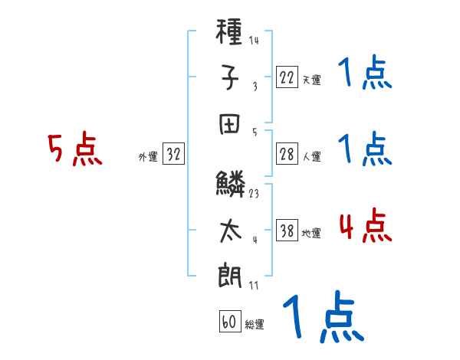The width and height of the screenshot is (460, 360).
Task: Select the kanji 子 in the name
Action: click(x=231, y=77)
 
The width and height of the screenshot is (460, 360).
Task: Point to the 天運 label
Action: click(x=311, y=80)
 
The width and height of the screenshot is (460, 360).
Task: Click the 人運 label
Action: click(x=311, y=157)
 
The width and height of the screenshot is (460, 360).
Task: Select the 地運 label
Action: click(x=311, y=234)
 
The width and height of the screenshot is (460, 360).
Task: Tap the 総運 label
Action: click(x=255, y=324)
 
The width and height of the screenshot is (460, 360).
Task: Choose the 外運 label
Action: click(x=148, y=157)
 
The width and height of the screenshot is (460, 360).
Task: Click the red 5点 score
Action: click(x=74, y=150)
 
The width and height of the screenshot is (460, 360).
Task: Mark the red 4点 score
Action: click(x=365, y=227)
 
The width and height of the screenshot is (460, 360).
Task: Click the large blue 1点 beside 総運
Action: click(x=321, y=316)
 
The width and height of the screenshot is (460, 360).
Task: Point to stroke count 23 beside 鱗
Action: click(x=254, y=194)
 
